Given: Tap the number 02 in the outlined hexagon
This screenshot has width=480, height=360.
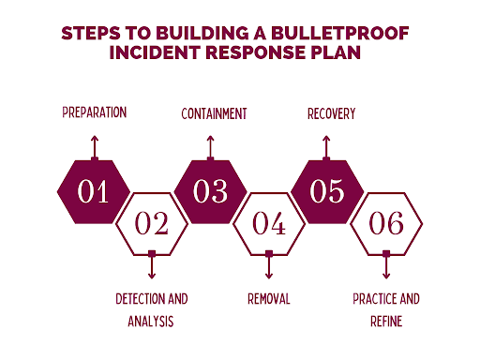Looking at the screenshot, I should point(152,224).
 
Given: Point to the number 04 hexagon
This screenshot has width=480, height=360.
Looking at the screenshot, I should point(269,224).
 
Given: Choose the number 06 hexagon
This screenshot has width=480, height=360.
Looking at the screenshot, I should point(386,224).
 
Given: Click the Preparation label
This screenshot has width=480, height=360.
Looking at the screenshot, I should point(94,113).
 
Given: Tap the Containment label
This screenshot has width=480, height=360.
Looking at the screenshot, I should point(214,113).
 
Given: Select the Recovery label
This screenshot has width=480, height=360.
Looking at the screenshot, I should point(330,113).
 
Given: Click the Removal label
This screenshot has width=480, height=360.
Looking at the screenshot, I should point(269,299).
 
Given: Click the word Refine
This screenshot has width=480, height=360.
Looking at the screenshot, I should point(386,321).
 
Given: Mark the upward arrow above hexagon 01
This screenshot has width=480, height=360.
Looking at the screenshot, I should point(94,145).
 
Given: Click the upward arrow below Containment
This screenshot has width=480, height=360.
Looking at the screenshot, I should point(211,145).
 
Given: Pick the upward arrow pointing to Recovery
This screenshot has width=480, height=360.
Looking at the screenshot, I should point(327,145).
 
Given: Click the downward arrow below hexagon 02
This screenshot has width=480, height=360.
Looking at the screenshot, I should point(152,267).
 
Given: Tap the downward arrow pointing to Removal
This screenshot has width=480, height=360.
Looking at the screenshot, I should point(269,267).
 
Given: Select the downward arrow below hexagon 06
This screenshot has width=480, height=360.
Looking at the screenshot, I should point(386,267).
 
